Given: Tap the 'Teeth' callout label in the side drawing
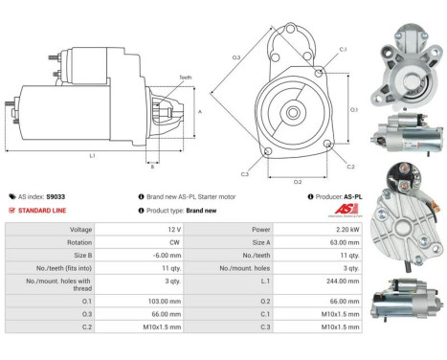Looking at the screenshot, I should pos(185,78).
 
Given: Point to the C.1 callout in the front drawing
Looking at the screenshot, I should pos(343,49).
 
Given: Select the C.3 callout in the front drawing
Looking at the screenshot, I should pos(245,174).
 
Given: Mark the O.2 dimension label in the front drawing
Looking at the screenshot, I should pos(297,181).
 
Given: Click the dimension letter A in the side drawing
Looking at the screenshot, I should pos(198,112).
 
